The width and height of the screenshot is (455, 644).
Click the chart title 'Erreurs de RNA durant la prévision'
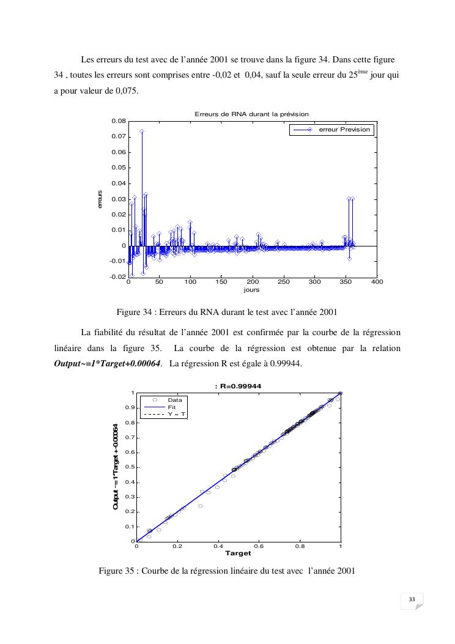tap(251, 114)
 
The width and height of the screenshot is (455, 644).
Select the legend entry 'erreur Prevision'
tap(344, 130)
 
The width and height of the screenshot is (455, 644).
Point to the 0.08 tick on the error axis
tap(119, 121)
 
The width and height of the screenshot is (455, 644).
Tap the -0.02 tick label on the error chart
tap(117, 277)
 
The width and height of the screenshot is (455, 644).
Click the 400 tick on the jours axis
tap(377, 283)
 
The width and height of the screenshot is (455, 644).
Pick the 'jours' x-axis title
tap(251, 290)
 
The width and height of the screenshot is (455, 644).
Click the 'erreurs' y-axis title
tap(100, 199)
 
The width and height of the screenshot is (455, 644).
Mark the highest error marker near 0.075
tap(142, 131)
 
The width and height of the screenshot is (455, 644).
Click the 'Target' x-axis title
tap(238, 553)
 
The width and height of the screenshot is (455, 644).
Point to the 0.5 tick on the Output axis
tap(130, 467)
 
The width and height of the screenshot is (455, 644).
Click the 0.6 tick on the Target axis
tap(259, 546)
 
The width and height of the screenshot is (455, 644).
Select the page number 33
tap(412, 601)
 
